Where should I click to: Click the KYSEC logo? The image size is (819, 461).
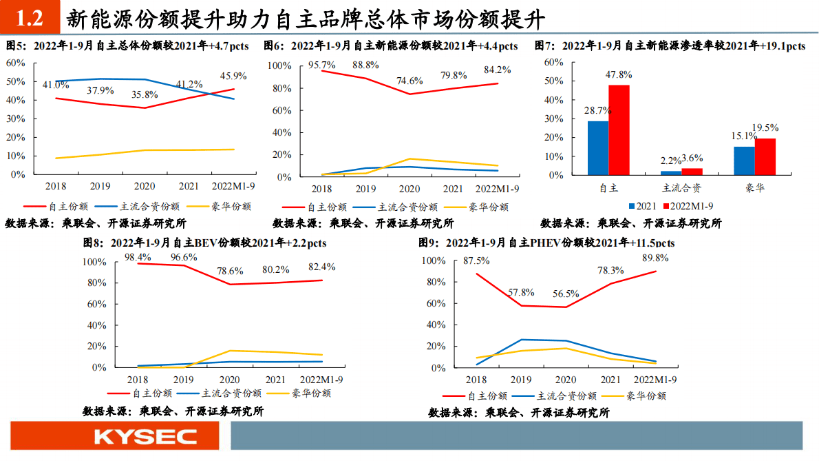[x=145, y=437]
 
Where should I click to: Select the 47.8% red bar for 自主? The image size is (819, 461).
[x=619, y=130]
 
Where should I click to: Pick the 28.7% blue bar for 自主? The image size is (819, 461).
[x=597, y=147]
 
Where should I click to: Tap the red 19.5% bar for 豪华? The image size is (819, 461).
[x=765, y=156]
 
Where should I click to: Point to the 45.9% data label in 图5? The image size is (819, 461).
[x=233, y=76]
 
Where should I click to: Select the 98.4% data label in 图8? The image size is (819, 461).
[x=138, y=257]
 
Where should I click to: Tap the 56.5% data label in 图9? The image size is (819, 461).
[x=566, y=293]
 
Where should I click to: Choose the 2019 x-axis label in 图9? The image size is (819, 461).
[x=520, y=380]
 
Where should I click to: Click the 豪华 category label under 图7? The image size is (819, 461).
[x=755, y=187]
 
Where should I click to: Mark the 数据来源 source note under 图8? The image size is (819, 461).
[x=172, y=411]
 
